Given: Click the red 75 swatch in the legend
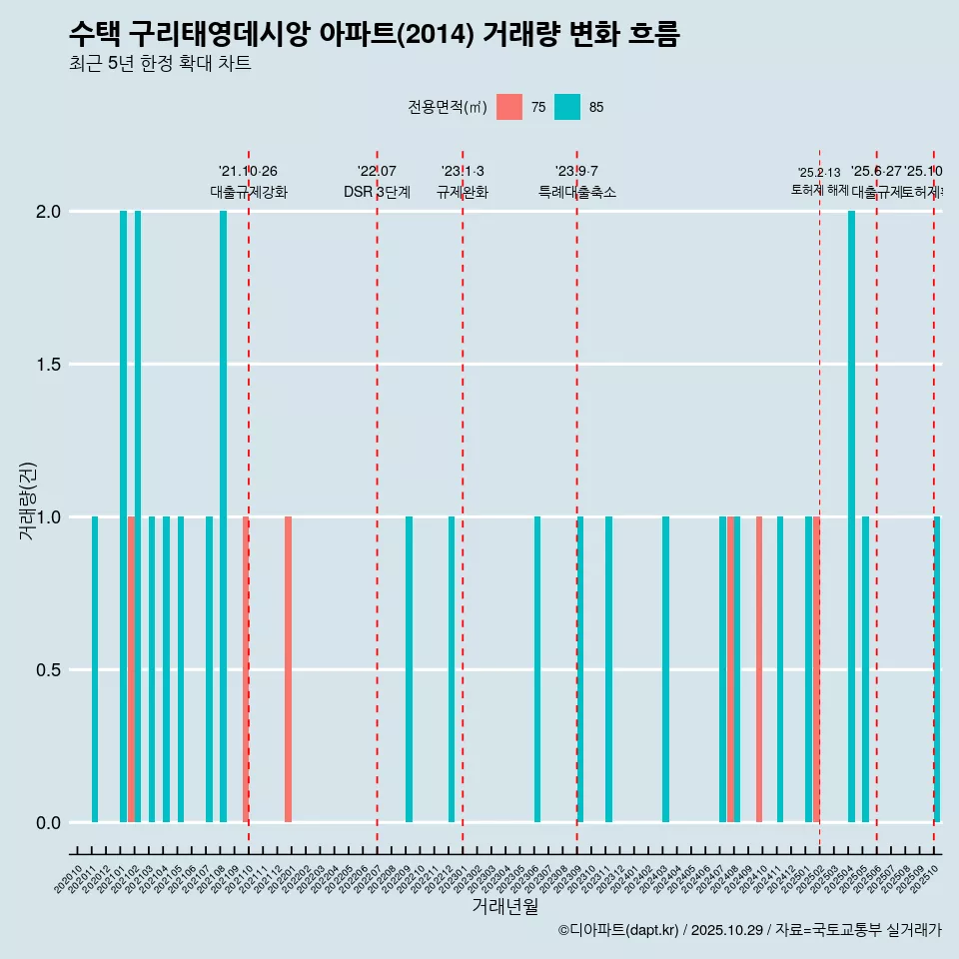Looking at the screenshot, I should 508,107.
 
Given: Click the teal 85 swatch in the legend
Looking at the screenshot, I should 567,107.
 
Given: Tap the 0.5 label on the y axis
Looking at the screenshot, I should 48,670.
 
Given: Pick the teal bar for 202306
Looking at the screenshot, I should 537,669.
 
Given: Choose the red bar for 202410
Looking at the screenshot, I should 759,669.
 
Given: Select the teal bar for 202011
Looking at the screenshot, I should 95,669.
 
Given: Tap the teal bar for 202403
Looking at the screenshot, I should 665,669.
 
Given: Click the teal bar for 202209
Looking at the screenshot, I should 409,669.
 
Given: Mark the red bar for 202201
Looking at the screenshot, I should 288,669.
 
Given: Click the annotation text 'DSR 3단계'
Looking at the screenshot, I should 377,192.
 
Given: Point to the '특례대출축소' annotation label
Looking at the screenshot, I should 576,192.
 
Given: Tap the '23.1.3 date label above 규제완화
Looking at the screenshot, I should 463,171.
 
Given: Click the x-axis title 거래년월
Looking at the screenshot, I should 504,907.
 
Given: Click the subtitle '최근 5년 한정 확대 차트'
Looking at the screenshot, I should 160,64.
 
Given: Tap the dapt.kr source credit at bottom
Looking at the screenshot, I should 749,930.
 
